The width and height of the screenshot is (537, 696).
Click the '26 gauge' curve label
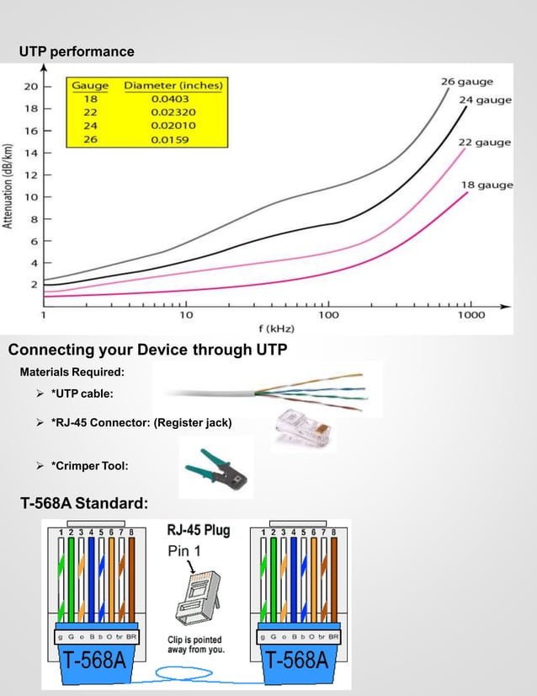(x=467, y=82)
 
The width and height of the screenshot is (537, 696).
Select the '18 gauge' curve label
(x=486, y=185)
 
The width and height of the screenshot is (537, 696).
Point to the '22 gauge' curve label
(x=484, y=142)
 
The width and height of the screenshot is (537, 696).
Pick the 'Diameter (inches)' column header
(x=173, y=85)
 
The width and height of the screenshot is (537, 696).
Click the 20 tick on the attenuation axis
(x=30, y=86)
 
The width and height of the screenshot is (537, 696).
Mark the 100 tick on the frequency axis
(x=328, y=315)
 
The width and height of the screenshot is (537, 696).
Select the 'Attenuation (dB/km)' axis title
(x=8, y=185)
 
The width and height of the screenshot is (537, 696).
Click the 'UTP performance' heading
(x=77, y=51)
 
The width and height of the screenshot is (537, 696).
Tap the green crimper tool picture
(x=216, y=468)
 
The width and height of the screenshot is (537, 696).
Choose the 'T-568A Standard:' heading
(x=84, y=504)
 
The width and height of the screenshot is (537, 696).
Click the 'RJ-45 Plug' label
(x=198, y=531)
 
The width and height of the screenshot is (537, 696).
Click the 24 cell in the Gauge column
(x=91, y=126)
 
